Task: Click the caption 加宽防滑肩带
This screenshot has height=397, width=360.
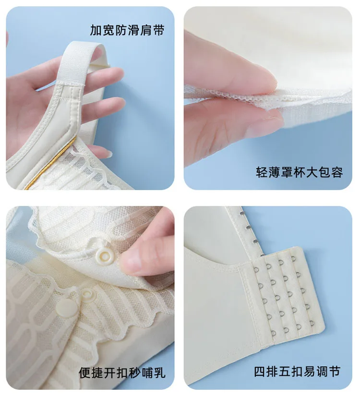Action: [x=127, y=30]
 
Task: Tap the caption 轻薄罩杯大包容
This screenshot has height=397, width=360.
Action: [x=299, y=172]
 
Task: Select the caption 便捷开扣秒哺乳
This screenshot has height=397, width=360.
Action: [x=122, y=373]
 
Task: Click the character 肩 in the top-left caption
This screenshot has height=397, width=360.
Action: [x=145, y=30]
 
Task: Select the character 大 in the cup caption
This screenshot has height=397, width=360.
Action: [x=312, y=172]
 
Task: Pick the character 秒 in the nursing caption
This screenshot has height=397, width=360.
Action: [x=134, y=373]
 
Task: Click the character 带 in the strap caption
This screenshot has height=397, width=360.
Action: [x=158, y=30]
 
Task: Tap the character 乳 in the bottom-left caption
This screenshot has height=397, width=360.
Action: [x=159, y=373]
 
